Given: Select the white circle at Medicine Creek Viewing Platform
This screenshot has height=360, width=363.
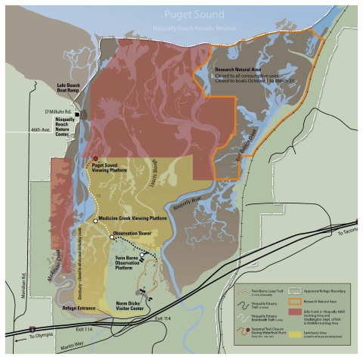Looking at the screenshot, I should tap(95, 220).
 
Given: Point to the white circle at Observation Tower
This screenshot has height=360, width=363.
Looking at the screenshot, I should tap(111, 237).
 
